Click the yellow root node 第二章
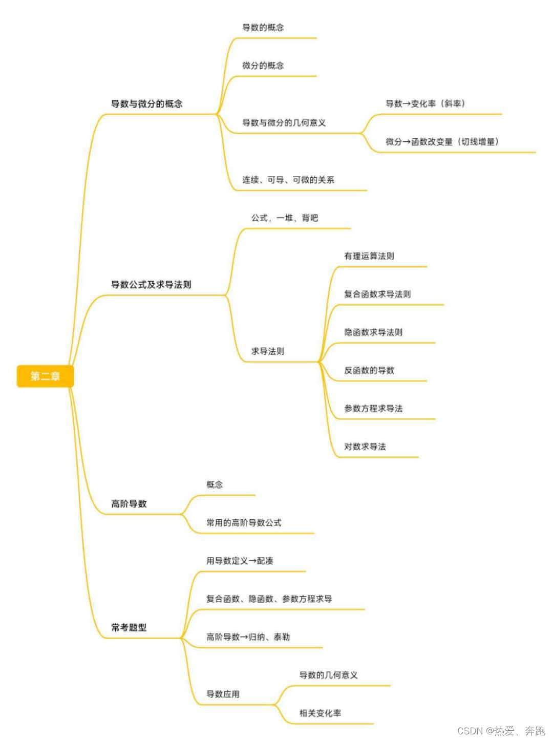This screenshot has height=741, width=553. (x=45, y=376)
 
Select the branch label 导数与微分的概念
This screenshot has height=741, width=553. (x=146, y=103)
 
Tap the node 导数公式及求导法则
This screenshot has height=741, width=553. (x=151, y=284)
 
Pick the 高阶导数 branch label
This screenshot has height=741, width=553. (x=129, y=503)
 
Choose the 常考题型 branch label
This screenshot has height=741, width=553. (x=129, y=627)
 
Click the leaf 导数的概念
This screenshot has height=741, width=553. (x=263, y=27)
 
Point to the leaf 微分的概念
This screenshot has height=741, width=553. (x=263, y=65)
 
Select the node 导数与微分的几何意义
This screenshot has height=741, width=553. (x=284, y=122)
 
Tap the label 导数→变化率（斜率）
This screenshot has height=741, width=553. (x=426, y=103)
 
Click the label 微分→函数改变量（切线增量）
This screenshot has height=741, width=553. (x=442, y=141)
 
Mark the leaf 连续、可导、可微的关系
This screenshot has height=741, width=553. (x=288, y=180)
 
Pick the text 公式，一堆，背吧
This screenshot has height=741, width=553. (x=284, y=218)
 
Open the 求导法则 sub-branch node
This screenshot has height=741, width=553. (x=267, y=351)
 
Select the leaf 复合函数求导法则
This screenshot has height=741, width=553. (x=377, y=294)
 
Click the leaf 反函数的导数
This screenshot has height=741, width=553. (x=369, y=370)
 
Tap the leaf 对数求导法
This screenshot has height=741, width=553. (x=365, y=447)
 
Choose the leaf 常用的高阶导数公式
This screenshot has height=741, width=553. (x=244, y=522)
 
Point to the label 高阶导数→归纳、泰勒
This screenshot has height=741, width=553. (x=248, y=637)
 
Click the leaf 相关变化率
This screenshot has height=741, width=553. (x=320, y=713)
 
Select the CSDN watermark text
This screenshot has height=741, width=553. (x=500, y=731)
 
